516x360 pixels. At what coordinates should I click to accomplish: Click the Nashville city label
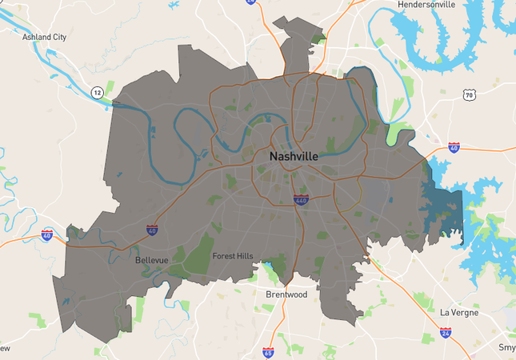point(294,156)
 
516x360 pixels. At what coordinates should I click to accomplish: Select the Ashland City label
point(45,37)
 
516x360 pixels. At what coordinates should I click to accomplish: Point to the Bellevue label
point(152,260)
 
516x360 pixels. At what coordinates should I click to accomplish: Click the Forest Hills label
point(233,256)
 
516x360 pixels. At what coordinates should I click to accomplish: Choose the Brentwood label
point(286,294)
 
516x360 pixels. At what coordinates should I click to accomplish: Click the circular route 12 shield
point(96,92)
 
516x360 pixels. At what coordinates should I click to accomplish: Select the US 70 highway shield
point(469,95)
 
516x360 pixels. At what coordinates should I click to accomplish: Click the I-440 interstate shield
point(301,199)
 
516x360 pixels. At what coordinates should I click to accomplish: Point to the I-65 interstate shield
point(268,352)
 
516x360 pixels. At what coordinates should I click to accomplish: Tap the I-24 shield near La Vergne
point(446,331)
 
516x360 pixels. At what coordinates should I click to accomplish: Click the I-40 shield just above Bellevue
point(152,230)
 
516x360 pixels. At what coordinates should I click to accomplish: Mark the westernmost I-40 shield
point(47,234)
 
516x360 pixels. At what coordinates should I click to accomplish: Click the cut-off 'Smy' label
point(506,348)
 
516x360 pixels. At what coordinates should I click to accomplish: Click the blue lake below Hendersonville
point(432,40)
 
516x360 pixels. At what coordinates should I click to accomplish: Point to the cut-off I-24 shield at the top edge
point(251,2)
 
